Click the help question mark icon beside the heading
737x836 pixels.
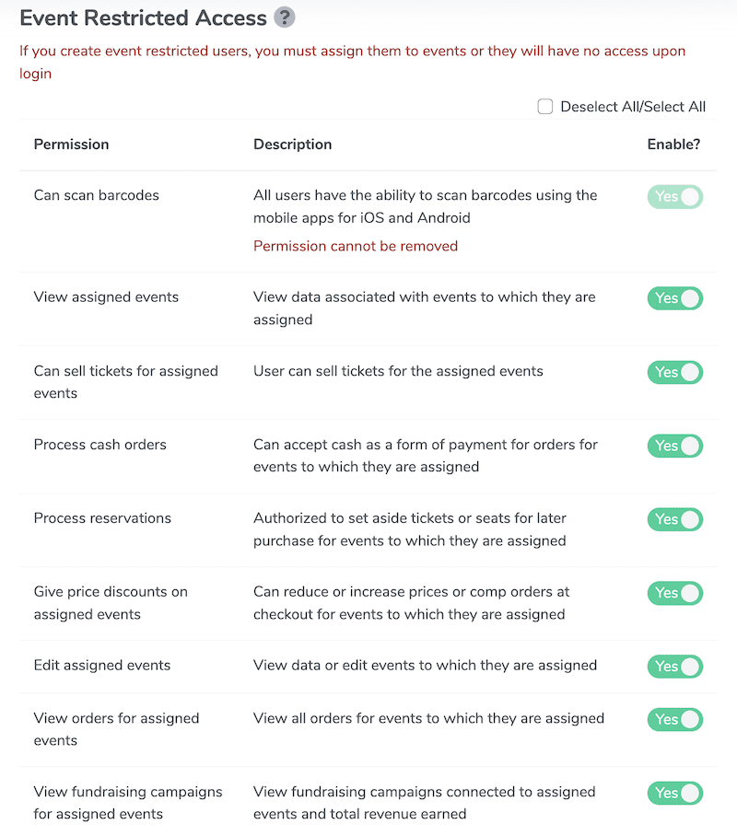(x=286, y=17)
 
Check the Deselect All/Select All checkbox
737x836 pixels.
(x=545, y=107)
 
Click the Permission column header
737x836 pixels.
(x=71, y=145)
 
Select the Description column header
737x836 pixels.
(x=292, y=145)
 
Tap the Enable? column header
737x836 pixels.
(x=673, y=145)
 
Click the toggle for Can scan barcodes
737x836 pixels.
(x=675, y=196)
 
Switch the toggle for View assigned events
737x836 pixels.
(x=675, y=298)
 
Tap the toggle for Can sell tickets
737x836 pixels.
(x=675, y=372)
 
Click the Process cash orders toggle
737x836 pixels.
(x=675, y=446)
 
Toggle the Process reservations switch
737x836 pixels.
(x=675, y=519)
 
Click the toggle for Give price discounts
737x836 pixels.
(x=675, y=593)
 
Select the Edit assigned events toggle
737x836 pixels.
(x=675, y=667)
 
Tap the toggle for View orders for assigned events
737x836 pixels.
(x=675, y=719)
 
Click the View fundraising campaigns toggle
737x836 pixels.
(x=675, y=793)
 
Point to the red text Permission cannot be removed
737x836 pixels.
(x=356, y=246)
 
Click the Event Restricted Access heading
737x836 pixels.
(x=143, y=17)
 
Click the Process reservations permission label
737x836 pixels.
(x=102, y=518)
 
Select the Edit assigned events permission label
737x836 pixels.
(x=102, y=666)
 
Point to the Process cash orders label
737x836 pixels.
(x=100, y=445)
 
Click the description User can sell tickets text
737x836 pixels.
(x=398, y=371)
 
